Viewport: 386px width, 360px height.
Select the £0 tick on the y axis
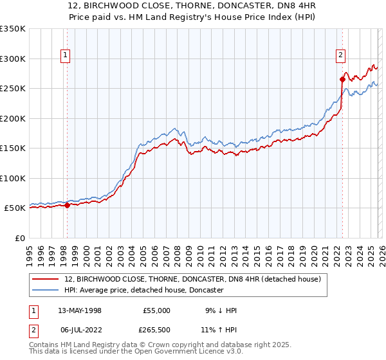pos(18,238)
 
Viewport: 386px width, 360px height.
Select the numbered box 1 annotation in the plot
pos(66,56)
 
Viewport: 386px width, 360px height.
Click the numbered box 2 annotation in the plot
pos(340,56)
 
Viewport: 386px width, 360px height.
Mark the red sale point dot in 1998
pos(67,205)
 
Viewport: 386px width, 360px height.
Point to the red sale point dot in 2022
pos(342,79)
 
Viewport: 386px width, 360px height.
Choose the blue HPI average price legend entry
pos(143,290)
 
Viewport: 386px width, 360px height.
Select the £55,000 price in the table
pos(156,310)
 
